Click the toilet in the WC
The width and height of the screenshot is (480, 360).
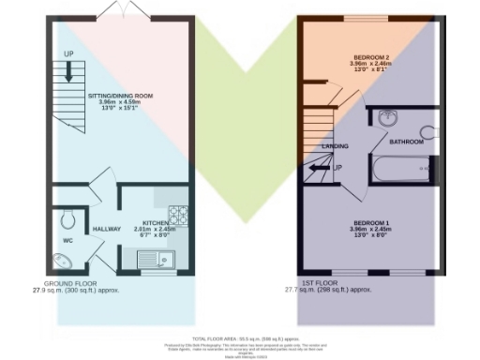66,221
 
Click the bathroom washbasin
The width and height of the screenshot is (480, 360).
391,118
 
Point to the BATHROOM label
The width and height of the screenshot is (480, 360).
408,142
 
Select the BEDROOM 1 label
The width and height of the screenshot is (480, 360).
368,221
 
